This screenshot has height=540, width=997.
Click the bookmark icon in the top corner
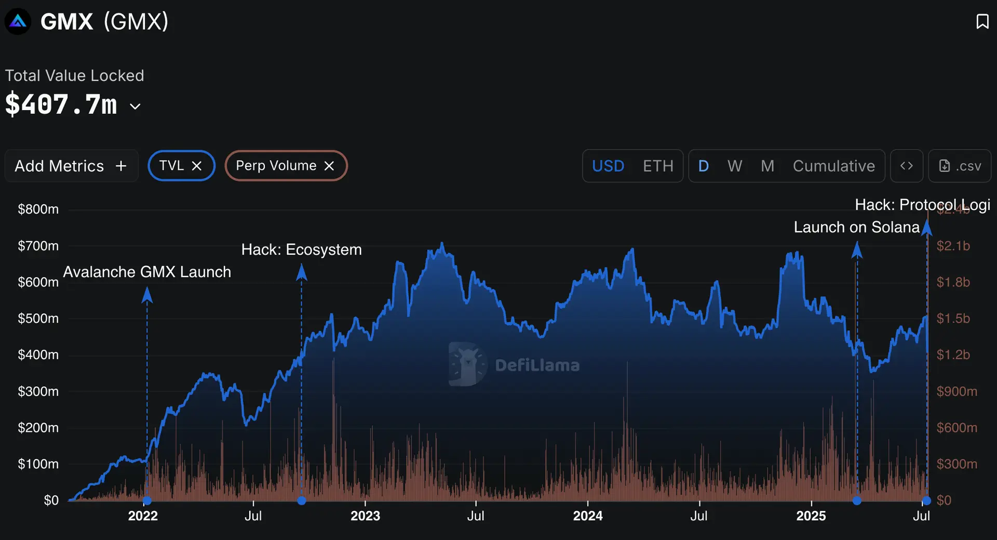tap(982, 22)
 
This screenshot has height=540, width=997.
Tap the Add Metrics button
tap(71, 166)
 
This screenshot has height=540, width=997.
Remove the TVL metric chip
tap(197, 166)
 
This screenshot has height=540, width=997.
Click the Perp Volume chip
tap(276, 166)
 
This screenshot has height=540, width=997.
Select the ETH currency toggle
tap(658, 166)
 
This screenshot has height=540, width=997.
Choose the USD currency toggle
tap(608, 166)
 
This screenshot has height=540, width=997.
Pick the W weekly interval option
tap(734, 166)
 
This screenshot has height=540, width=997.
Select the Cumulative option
tap(833, 166)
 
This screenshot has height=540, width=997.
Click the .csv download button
tap(960, 166)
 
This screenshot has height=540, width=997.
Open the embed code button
tap(906, 166)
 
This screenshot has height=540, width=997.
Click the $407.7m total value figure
tap(61, 104)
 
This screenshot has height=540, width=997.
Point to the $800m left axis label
tap(38, 209)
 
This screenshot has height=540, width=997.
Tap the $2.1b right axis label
tap(953, 246)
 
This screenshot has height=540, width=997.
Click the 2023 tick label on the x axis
tap(365, 516)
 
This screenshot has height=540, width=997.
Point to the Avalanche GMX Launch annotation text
tap(147, 272)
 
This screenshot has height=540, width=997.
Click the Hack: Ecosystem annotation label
tap(301, 249)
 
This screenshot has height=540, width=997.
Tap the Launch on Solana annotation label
tap(856, 227)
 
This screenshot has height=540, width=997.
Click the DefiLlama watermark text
tap(537, 365)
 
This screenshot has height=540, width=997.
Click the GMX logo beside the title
tap(18, 22)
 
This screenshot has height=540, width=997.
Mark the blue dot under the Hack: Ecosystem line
tap(302, 501)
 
